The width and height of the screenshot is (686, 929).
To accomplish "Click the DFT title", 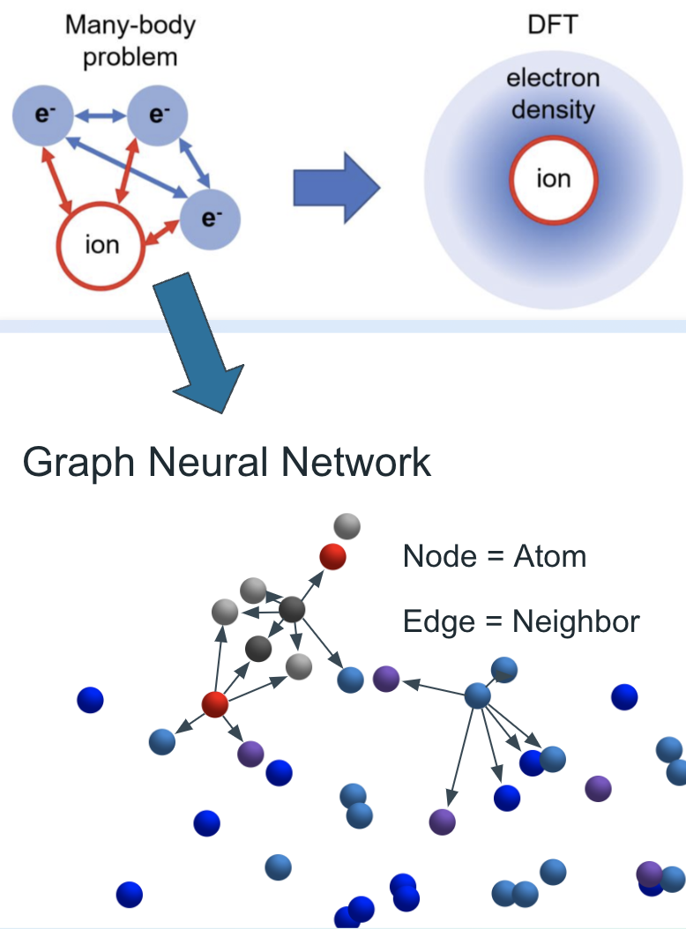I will click(x=552, y=24).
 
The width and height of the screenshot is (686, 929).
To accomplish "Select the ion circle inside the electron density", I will click(x=553, y=181).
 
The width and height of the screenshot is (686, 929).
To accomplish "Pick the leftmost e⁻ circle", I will click(x=41, y=115).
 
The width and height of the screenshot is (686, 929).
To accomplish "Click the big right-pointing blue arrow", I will click(x=336, y=186).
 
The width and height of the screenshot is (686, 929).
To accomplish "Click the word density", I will click(x=553, y=110).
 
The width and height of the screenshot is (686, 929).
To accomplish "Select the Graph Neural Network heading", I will click(x=227, y=462).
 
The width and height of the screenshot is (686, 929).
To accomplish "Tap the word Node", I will click(x=438, y=556).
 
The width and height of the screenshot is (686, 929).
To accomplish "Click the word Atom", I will click(x=549, y=556).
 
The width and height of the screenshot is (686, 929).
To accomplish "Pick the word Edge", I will click(x=437, y=622).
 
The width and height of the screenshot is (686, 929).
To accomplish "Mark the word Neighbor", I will click(x=576, y=622).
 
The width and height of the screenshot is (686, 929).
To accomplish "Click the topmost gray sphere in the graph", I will click(x=347, y=527).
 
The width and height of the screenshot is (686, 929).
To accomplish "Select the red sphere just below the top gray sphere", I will click(x=332, y=556).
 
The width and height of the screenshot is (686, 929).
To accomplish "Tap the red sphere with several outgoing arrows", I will click(x=214, y=704).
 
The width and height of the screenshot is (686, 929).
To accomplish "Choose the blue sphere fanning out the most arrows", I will click(x=477, y=696).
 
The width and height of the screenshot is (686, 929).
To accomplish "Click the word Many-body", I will click(x=130, y=24).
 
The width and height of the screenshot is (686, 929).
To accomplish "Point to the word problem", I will click(x=130, y=57).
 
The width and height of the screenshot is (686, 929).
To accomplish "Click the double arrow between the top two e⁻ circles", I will click(x=99, y=114).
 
